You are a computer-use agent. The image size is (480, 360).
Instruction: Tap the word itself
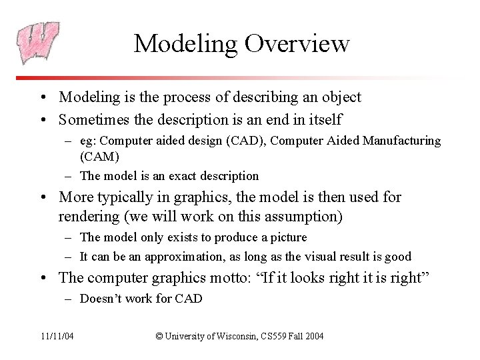(x=324, y=120)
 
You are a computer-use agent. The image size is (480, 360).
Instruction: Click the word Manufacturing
(x=399, y=141)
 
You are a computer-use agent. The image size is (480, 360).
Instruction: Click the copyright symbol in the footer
(x=149, y=336)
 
